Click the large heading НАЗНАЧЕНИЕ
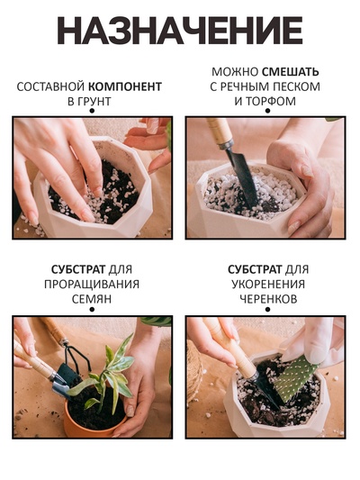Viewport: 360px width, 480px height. point(180,31)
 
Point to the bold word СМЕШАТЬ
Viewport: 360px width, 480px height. point(291,71)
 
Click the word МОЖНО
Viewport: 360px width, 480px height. point(236,71)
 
